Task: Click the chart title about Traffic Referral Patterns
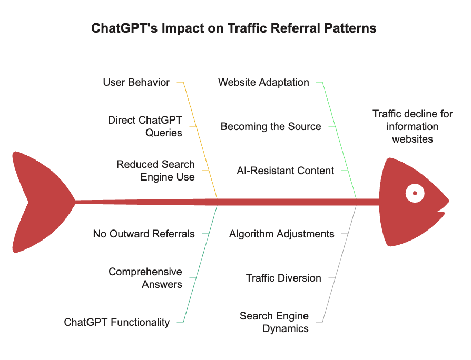[234, 28]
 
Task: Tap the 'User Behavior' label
[136, 82]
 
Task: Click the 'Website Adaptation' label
[263, 82]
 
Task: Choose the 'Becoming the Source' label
[270, 126]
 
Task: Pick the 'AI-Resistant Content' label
[285, 171]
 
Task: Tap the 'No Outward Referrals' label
[144, 234]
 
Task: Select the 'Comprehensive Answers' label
[145, 278]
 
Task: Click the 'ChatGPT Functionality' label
[117, 322]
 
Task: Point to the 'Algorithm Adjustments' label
[281, 234]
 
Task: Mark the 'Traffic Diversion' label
[283, 278]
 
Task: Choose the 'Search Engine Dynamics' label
[274, 322]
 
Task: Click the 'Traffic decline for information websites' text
[413, 126]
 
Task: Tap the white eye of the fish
[415, 194]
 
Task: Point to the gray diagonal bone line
[340, 263]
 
